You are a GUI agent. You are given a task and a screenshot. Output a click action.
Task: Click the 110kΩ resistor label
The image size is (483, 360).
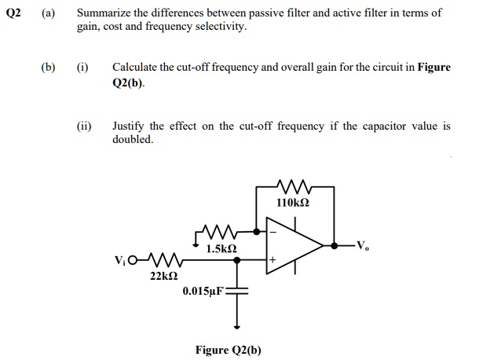click(293, 203)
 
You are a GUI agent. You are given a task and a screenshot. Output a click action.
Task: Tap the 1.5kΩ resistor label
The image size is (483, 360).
click(221, 249)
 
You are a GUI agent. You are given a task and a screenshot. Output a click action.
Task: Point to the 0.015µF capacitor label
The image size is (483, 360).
click(203, 291)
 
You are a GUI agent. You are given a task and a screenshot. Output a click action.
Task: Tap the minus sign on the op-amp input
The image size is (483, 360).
click(273, 232)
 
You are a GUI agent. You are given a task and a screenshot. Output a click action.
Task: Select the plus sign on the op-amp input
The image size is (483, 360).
click(273, 259)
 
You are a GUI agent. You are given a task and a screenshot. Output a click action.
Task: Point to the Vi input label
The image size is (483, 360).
click(120, 259)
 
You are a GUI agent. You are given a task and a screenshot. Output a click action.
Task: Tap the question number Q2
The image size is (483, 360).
click(14, 13)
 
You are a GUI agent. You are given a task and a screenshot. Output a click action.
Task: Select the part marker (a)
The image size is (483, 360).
click(49, 13)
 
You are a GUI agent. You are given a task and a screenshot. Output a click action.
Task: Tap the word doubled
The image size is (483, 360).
click(133, 139)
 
